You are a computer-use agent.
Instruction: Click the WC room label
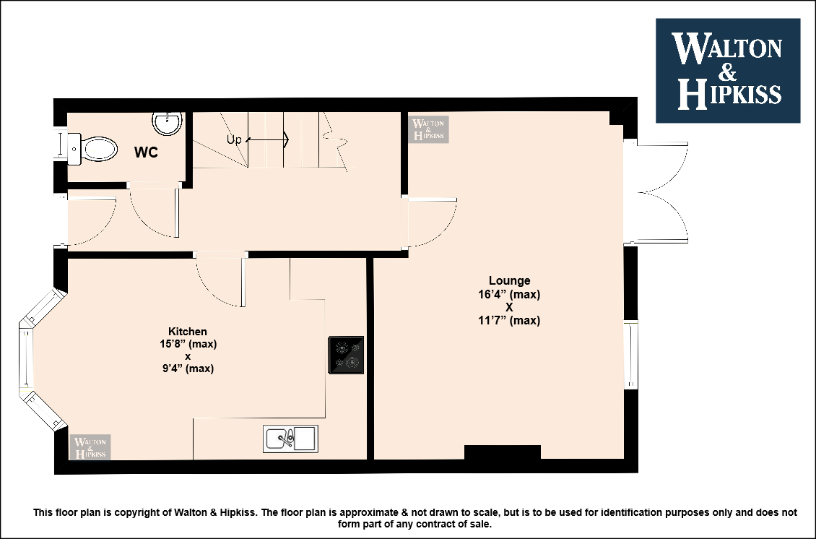click(146, 152)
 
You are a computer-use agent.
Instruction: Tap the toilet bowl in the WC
click(99, 149)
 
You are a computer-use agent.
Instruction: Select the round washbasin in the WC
click(167, 123)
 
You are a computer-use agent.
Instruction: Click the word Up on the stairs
click(234, 139)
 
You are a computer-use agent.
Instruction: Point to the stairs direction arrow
click(267, 139)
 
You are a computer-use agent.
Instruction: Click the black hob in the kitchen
click(346, 355)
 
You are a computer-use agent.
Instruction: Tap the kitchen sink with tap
click(290, 439)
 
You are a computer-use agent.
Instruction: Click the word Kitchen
click(187, 331)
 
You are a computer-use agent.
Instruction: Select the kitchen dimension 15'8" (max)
click(188, 344)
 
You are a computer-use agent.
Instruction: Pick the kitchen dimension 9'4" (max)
click(188, 368)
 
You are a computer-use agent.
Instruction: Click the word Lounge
click(510, 280)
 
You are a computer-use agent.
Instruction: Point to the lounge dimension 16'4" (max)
click(509, 294)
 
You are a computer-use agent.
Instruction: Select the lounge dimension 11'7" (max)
click(509, 320)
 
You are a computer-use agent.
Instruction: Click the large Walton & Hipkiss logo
click(728, 71)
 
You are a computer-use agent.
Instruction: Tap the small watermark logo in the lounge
click(428, 129)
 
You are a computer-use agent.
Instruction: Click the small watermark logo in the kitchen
click(90, 447)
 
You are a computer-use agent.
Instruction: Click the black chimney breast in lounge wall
click(502, 452)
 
